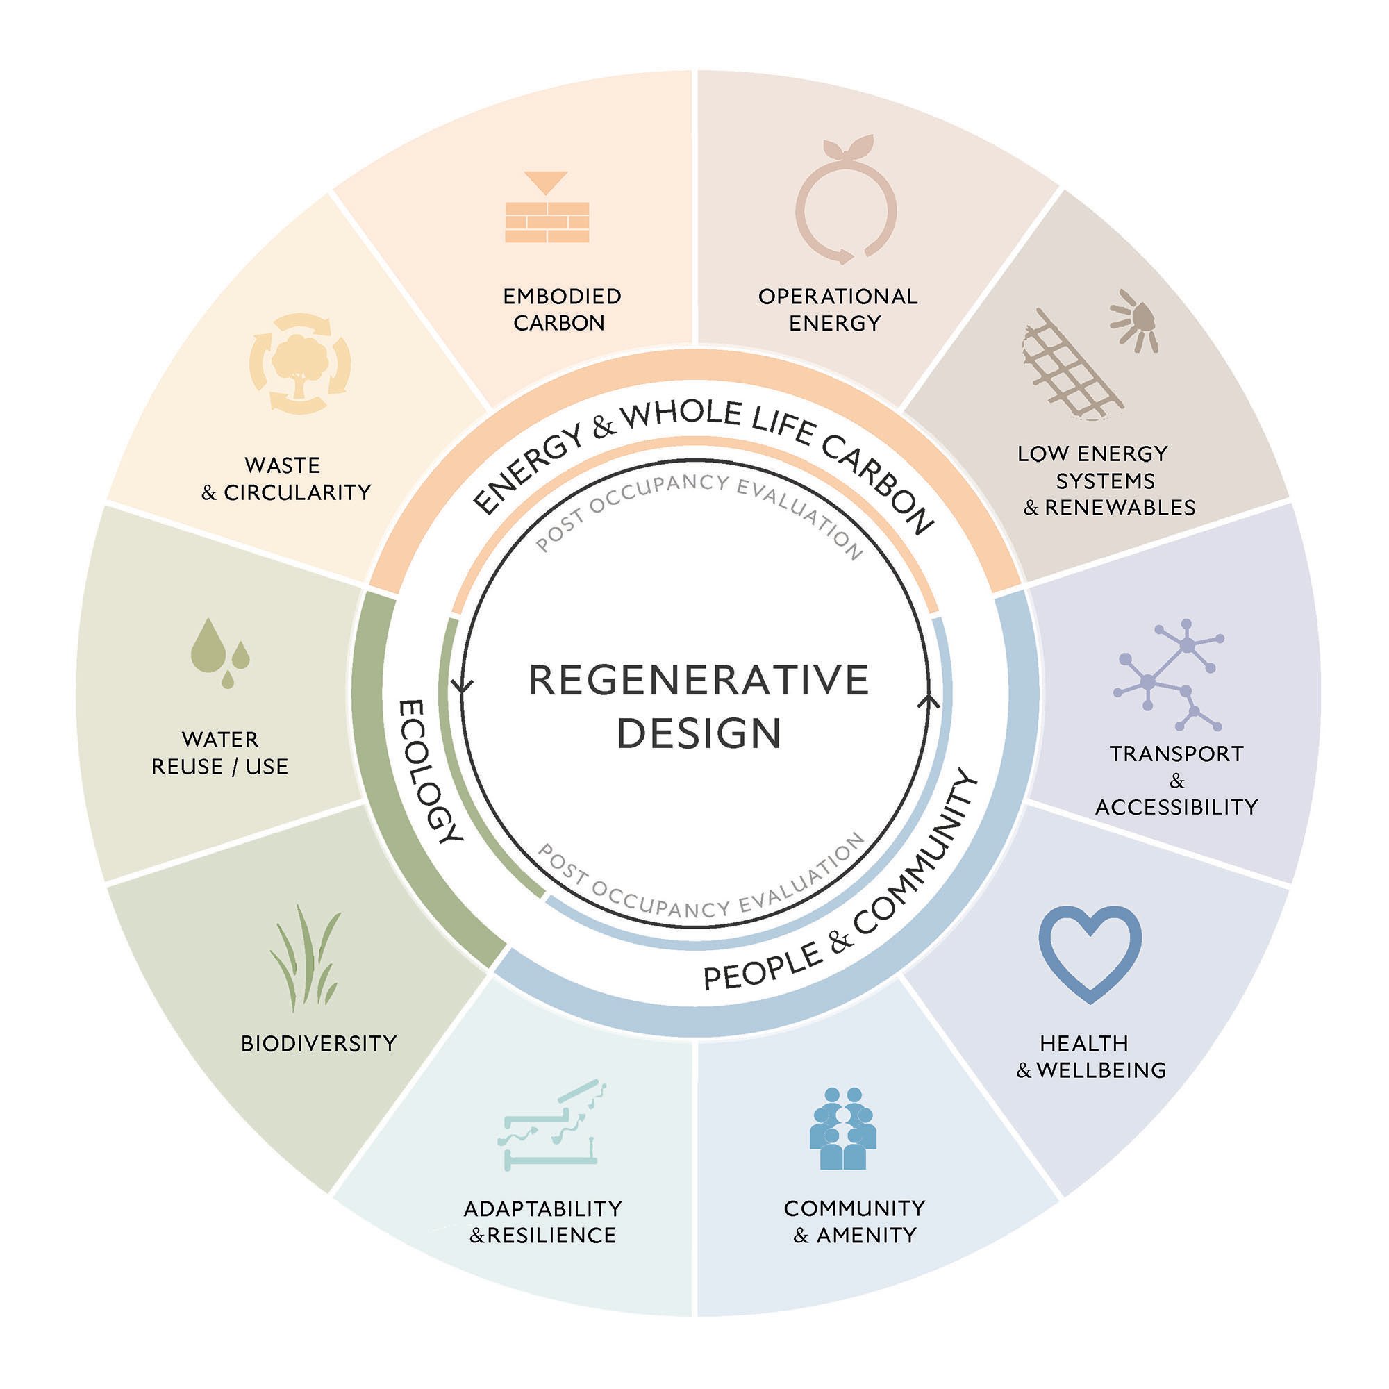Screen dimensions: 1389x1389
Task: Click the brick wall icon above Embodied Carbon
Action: [x=547, y=221]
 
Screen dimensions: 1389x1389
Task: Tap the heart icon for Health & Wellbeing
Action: [x=1090, y=951]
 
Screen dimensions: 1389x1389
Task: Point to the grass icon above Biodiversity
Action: [x=306, y=958]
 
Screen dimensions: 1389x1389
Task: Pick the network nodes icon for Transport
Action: [x=1169, y=674]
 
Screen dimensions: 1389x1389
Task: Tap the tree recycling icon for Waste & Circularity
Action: [x=300, y=364]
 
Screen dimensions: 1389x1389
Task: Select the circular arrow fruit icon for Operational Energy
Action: [x=846, y=201]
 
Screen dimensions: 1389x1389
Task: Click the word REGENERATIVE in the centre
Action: [x=698, y=681]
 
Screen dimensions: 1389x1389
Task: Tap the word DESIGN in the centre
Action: [x=699, y=734]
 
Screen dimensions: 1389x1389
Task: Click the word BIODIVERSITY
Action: [x=319, y=1043]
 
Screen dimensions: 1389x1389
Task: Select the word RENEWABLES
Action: [x=1120, y=508]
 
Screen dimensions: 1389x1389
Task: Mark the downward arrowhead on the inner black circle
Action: [x=462, y=687]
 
